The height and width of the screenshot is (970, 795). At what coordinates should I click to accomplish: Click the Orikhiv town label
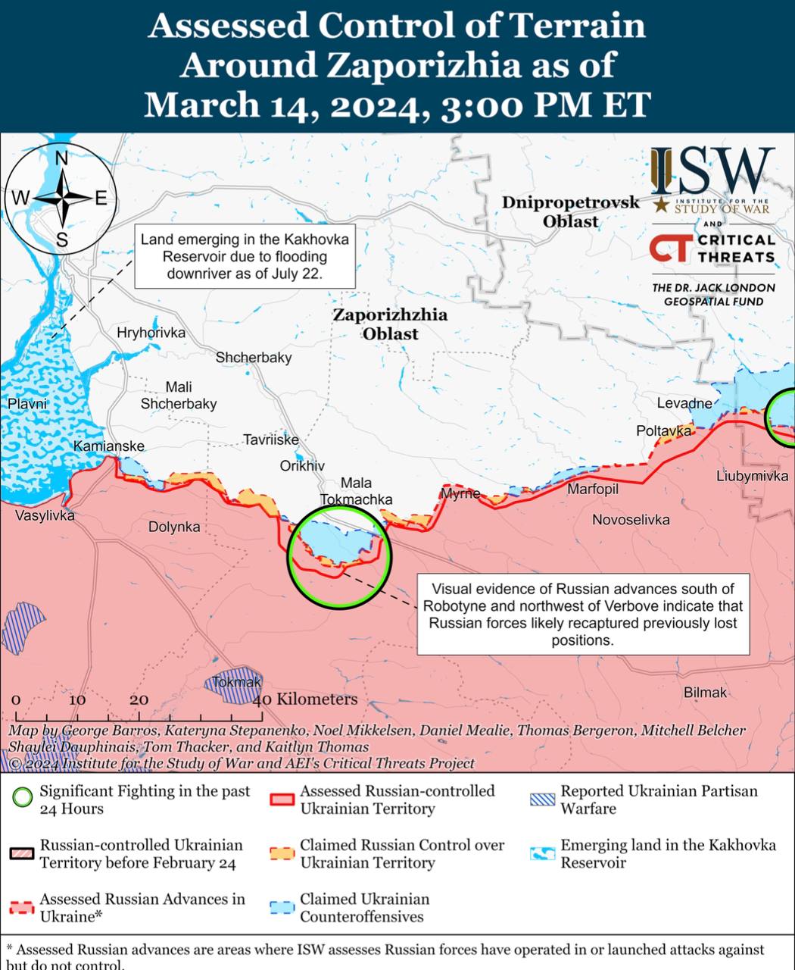(302, 466)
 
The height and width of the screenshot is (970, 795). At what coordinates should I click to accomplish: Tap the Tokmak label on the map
(236, 682)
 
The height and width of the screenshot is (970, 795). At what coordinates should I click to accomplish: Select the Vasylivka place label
(45, 516)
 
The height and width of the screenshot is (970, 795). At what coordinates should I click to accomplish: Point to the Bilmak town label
(705, 692)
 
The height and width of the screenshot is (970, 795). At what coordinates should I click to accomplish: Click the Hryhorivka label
(151, 333)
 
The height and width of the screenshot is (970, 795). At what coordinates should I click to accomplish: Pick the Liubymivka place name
(752, 476)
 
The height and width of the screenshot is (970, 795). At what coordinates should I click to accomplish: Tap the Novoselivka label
(631, 520)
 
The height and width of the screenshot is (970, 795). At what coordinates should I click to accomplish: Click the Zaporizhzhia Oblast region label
(390, 324)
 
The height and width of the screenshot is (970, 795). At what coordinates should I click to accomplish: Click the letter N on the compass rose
(62, 158)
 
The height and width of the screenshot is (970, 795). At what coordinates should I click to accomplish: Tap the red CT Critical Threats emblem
(670, 249)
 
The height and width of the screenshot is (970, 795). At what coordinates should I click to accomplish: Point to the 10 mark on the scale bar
(77, 699)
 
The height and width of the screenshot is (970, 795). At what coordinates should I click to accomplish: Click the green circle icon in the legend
(23, 797)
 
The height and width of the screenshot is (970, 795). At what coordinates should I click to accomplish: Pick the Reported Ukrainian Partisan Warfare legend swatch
(543, 799)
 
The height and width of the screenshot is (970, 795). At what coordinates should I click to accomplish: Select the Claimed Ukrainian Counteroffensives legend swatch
(282, 908)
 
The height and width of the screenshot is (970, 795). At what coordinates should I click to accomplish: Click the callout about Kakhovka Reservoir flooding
(245, 256)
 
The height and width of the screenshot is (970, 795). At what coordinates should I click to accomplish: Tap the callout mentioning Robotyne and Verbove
(582, 614)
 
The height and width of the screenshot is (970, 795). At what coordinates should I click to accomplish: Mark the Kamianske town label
(108, 446)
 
